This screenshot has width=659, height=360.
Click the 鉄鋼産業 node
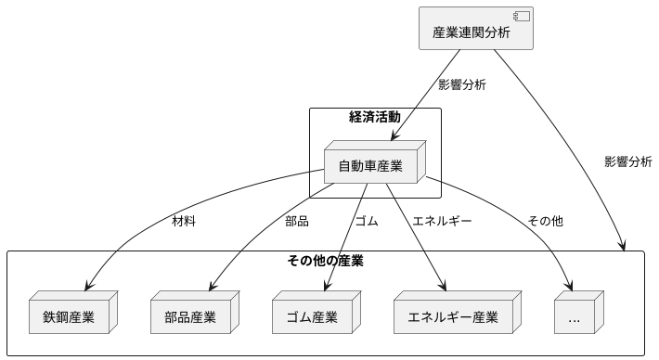click(72, 316)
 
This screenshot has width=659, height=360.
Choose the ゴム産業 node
click(313, 316)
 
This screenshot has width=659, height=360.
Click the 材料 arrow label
click(184, 221)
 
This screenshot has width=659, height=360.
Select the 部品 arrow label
click(297, 221)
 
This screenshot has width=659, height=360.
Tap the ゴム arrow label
click(367, 221)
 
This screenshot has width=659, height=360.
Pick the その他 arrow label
click(545, 221)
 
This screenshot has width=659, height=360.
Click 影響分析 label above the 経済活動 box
click(462, 84)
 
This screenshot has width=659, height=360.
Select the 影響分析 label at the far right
click(627, 161)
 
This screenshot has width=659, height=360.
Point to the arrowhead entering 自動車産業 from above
click(392, 136)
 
